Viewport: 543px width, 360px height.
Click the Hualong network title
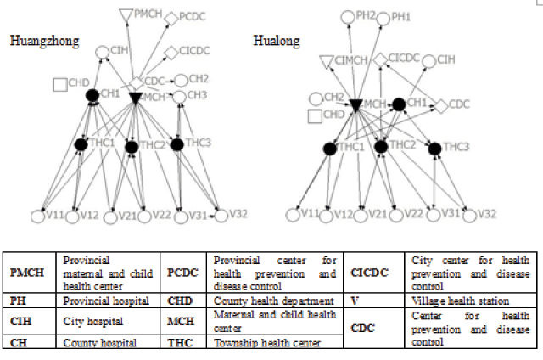(x=277, y=39)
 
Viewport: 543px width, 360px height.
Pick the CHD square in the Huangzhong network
(x=60, y=84)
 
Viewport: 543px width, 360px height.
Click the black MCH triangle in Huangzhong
(x=134, y=98)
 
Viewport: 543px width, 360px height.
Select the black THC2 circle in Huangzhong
(x=132, y=147)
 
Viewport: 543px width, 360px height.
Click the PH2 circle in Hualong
(x=347, y=16)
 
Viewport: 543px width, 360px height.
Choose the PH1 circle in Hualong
(x=383, y=16)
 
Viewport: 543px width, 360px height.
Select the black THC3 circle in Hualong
(x=435, y=149)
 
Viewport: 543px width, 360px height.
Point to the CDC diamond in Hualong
(x=440, y=106)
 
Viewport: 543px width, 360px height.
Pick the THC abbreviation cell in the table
(x=179, y=342)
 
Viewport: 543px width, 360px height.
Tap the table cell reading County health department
(x=260, y=301)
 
